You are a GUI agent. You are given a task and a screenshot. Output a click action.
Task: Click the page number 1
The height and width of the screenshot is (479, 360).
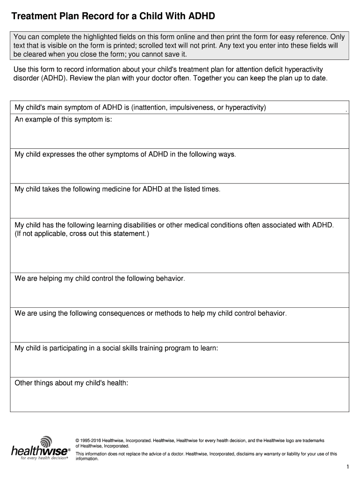(x=348, y=467)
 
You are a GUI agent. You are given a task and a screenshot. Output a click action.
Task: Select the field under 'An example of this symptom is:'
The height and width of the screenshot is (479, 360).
(x=179, y=136)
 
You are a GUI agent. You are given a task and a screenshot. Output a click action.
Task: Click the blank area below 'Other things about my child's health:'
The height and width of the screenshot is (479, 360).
(x=179, y=400)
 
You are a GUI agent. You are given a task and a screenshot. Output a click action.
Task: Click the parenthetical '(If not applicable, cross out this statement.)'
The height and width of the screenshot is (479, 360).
(x=82, y=233)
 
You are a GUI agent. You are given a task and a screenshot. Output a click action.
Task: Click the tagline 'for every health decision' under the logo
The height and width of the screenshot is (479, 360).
(x=44, y=458)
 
